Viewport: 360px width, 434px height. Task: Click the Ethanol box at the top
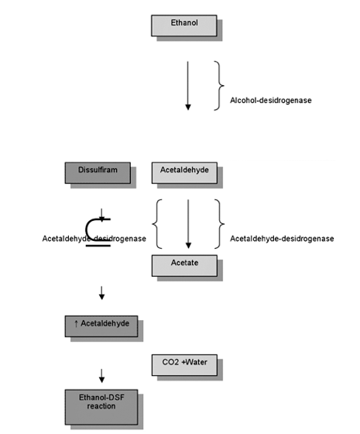184,26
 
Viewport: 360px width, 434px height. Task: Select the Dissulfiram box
98,173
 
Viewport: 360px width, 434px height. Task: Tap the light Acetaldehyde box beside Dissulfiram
184,173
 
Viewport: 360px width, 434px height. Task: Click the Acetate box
184,266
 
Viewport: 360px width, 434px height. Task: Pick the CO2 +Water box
184,365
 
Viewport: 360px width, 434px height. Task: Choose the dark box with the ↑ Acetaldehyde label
101,326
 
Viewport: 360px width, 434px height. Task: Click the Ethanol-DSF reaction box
101,407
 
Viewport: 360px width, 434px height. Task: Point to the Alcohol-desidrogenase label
271,100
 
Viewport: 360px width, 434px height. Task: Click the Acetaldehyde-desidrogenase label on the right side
282,239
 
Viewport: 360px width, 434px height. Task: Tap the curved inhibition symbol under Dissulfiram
86,229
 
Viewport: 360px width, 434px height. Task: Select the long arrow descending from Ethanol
188,85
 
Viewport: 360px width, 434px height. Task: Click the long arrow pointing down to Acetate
188,224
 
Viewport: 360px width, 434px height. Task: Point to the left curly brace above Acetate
153,224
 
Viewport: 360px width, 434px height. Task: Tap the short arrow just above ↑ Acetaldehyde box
101,293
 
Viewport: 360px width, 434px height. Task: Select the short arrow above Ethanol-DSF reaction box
101,376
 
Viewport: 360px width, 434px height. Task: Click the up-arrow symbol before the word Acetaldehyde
76,324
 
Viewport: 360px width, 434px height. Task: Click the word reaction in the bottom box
101,406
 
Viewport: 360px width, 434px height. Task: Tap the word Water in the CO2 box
196,362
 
